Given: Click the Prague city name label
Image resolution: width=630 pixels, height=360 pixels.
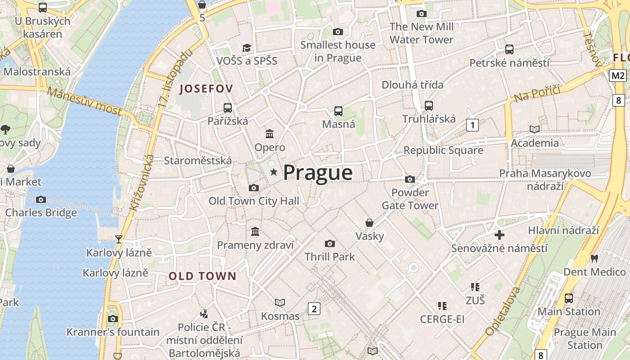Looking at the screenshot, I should pyautogui.click(x=318, y=173).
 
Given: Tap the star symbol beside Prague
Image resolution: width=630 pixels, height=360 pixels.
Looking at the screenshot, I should pyautogui.click(x=273, y=172).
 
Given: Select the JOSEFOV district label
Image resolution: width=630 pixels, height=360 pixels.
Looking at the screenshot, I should pyautogui.click(x=206, y=89).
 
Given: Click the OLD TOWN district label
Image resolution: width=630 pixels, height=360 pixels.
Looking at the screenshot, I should pyautogui.click(x=202, y=276).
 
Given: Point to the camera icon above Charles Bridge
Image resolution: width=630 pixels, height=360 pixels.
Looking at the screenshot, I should pyautogui.click(x=41, y=199).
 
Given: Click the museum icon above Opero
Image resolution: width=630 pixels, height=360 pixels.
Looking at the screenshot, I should pyautogui.click(x=270, y=134).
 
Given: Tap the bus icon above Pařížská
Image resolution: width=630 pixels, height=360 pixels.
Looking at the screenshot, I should pyautogui.click(x=228, y=108).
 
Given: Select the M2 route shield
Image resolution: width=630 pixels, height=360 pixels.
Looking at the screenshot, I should pyautogui.click(x=618, y=76).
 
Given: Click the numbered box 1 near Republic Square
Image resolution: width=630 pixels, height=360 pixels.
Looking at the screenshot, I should pyautogui.click(x=472, y=125).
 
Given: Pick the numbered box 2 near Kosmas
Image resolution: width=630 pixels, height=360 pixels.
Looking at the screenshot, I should pyautogui.click(x=314, y=308).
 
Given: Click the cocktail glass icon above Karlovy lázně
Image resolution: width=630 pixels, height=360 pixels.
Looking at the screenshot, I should pyautogui.click(x=119, y=239).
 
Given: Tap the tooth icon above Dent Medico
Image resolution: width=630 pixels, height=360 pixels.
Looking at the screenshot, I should pyautogui.click(x=594, y=258).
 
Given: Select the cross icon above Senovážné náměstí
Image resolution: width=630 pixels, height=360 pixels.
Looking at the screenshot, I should pyautogui.click(x=499, y=235).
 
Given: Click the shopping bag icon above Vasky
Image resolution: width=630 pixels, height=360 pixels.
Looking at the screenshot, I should pyautogui.click(x=369, y=223).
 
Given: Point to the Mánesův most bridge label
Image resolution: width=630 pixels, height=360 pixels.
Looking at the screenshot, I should pyautogui.click(x=84, y=101).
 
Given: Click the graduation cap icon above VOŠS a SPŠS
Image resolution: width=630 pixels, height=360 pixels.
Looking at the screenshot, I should pyautogui.click(x=247, y=48).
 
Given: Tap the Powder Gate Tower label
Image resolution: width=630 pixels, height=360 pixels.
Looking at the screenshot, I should pyautogui.click(x=410, y=199).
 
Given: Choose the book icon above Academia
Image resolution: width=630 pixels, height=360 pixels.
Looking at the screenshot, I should pyautogui.click(x=534, y=130).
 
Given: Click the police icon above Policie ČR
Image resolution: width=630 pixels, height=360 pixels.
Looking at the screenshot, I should pyautogui.click(x=204, y=314).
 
